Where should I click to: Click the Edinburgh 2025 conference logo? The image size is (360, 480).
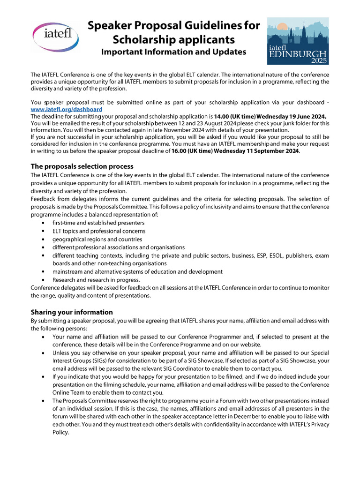click(x=298, y=41)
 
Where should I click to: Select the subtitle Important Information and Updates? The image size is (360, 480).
click(x=173, y=52)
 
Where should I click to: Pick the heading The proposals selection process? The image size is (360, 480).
click(x=82, y=166)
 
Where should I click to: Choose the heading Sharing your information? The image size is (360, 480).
click(x=72, y=312)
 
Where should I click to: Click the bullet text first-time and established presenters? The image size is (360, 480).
click(x=98, y=223)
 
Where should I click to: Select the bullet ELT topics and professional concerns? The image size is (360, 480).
click(x=99, y=231)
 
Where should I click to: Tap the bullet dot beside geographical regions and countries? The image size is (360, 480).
click(x=44, y=240)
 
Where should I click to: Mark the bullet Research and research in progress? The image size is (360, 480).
click(x=90, y=280)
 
